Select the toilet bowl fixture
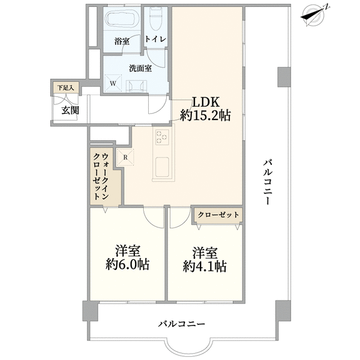tap(156, 19)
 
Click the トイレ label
tap(156, 39)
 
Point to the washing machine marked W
tap(113, 83)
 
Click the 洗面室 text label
tap(140, 68)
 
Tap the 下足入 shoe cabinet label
tap(66, 87)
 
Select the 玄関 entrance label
tap(70, 111)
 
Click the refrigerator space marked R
tap(126, 157)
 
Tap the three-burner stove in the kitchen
tap(162, 137)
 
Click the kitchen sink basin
tap(162, 167)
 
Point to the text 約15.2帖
tap(205, 116)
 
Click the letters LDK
tap(206, 102)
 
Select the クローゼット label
tap(218, 215)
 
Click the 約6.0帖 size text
tap(127, 264)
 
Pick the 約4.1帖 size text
tap(205, 266)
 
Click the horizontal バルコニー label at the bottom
tap(181, 324)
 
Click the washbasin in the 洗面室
tap(136, 86)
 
